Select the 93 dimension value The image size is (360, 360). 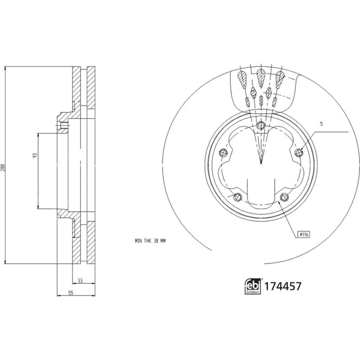(35, 156)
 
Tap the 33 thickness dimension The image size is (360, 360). (80, 281)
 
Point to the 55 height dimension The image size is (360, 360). (71, 293)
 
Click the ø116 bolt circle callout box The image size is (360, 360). (304, 235)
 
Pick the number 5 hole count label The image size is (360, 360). (321, 124)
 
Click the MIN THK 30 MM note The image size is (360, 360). (150, 241)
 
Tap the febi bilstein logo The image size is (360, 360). (253, 286)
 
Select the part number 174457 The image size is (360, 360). (283, 286)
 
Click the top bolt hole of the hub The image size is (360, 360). (261, 125)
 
